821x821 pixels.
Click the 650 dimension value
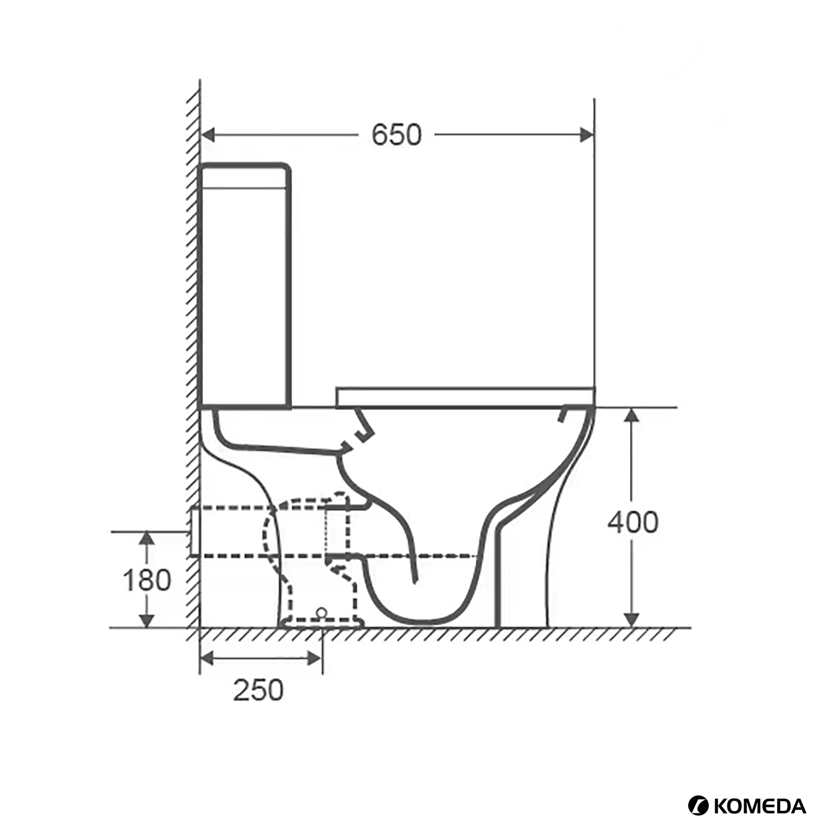point(396,135)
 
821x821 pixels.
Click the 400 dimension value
point(632,522)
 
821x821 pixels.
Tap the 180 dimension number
point(146,580)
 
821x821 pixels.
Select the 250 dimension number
point(258,690)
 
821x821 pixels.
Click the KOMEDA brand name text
point(760,805)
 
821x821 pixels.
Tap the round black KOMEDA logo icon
point(698,805)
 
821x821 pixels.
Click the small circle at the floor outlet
point(321,612)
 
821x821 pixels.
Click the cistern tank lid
point(244,175)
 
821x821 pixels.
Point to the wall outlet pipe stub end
point(195,532)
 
